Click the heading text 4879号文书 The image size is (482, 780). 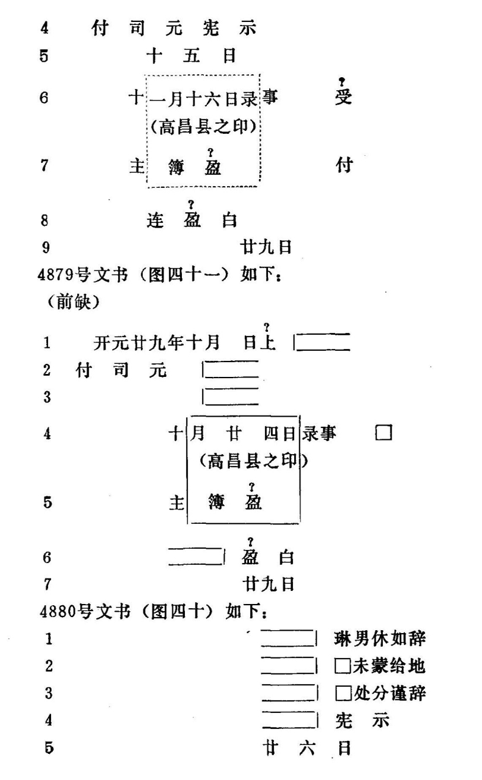83,275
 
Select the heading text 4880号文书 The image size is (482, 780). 85,612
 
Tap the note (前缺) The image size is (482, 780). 74,301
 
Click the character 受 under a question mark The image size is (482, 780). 344,96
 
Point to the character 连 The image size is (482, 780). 155,221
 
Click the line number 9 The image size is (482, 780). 46,247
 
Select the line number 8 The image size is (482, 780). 45,221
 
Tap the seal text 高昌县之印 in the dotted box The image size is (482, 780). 204,127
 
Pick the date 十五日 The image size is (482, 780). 191,56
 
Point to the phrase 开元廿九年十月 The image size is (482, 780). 157,342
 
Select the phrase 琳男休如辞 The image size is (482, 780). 380,639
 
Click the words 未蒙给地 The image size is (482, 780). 389,666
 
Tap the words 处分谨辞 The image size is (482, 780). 390,693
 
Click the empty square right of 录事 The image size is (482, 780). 383,433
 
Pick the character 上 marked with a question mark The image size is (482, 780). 267,342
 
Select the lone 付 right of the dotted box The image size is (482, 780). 344,165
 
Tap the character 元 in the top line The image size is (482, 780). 174,28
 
